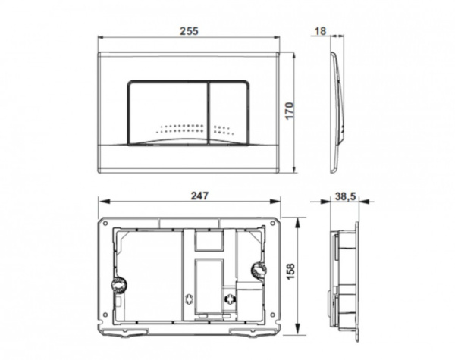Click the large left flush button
tap(166, 106)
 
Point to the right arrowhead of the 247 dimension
tap(281, 202)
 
